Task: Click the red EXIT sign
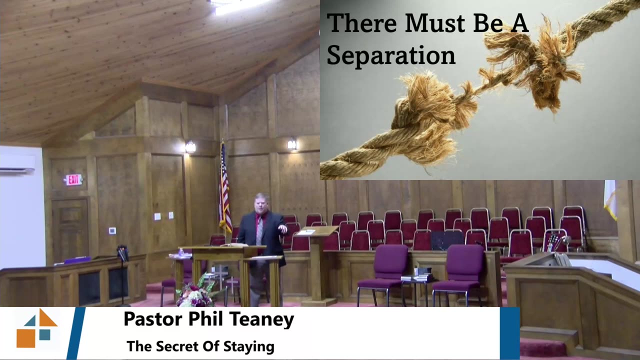(73, 179)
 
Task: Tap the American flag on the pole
(225, 188)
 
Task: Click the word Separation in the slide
(391, 55)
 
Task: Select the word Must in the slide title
(435, 23)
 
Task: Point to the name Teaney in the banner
(261, 319)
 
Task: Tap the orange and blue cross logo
(37, 328)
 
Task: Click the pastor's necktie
(259, 230)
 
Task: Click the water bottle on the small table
(181, 252)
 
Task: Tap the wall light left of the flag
(190, 147)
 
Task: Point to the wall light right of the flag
(292, 143)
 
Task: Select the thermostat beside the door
(112, 230)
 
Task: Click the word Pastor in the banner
(153, 319)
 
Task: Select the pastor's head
(261, 203)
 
